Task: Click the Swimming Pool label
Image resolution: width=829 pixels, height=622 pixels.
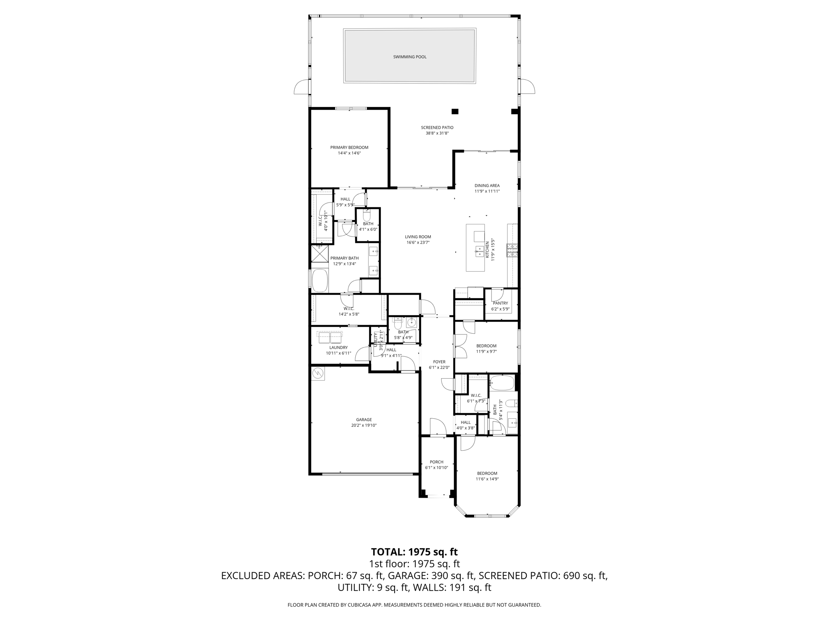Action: click(410, 57)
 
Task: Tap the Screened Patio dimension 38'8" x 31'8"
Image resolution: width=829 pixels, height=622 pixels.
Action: click(437, 133)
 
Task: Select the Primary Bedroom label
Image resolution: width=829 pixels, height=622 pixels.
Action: click(349, 147)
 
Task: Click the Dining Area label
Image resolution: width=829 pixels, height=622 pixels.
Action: click(487, 186)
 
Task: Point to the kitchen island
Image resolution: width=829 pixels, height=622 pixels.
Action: click(475, 247)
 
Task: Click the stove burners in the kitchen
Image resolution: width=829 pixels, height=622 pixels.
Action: click(512, 251)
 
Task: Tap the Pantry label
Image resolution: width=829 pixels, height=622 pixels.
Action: click(500, 303)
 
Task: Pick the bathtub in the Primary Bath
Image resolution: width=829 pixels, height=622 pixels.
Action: click(320, 280)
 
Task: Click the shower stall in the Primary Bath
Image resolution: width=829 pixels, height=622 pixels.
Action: click(320, 253)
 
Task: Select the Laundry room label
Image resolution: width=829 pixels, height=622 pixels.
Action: click(338, 347)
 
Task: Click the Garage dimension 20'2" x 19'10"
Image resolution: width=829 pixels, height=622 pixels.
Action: click(363, 426)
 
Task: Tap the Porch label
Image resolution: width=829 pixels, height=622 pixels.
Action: click(436, 462)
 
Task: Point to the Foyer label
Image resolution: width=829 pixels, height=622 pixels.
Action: click(439, 362)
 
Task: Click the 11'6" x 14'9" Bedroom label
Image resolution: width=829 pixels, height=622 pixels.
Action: click(487, 473)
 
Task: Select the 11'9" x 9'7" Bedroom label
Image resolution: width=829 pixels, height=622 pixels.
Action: click(486, 346)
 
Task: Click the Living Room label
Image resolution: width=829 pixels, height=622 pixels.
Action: click(418, 237)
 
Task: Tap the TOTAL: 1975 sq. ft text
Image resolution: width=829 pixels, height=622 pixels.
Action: click(414, 552)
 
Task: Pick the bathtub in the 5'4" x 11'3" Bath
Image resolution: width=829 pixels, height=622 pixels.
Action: click(502, 383)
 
